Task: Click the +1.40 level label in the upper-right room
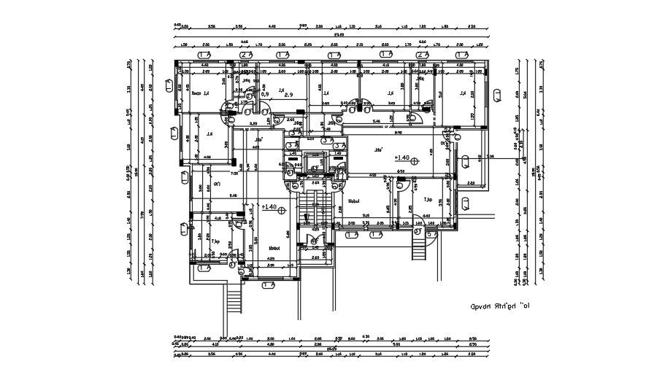403,157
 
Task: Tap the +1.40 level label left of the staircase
268,208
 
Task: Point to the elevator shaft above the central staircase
315,163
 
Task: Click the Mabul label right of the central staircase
355,201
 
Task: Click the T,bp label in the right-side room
428,198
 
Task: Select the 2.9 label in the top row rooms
288,95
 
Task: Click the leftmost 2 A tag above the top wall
246,55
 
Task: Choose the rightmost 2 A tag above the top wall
421,55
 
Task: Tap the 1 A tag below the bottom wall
352,234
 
